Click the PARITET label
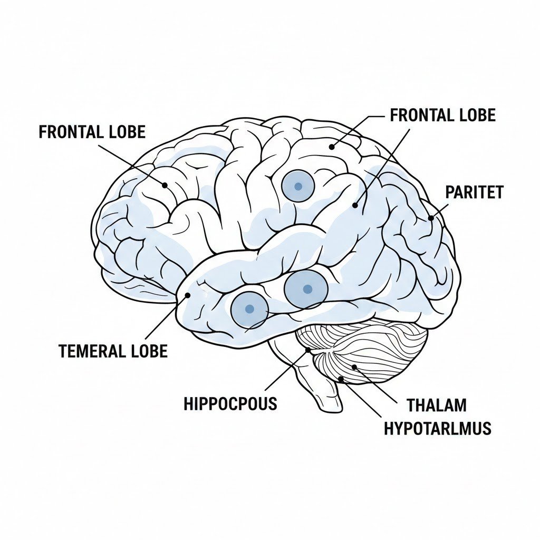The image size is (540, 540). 474,192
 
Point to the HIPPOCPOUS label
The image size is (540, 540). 230,404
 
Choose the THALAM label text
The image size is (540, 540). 437,406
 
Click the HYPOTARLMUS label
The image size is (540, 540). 437,428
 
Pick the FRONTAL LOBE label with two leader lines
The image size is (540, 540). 442,115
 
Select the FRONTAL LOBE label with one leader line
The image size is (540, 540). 92,132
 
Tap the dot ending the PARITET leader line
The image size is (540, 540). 431,218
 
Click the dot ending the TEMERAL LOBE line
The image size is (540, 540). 187,296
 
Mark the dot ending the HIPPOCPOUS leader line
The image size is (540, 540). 308,350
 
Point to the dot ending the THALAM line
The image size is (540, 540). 354,367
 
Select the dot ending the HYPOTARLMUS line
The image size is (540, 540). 341,379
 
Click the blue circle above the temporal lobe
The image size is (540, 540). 298,186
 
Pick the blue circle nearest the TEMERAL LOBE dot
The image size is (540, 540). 249,309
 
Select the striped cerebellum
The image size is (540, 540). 369,348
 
